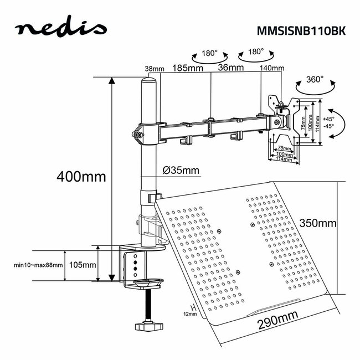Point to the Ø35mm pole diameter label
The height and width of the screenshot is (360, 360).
(x=181, y=170)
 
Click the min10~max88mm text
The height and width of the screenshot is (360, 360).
(x=38, y=265)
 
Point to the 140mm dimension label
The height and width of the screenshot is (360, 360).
(x=272, y=68)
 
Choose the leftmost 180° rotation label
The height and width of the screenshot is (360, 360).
(x=208, y=54)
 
